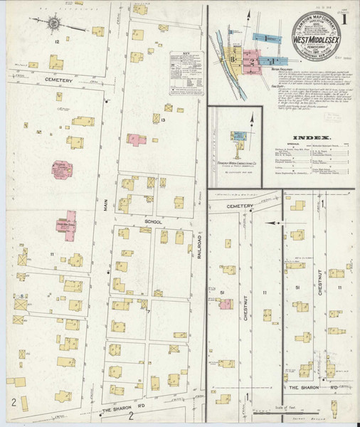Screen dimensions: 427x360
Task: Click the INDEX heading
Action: coord(314,137)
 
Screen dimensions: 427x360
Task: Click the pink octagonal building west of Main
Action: coord(63,169)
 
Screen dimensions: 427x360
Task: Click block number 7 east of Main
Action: coord(148,311)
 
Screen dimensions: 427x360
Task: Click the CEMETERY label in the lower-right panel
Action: coord(240,206)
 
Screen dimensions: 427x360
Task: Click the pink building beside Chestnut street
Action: coord(225,304)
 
